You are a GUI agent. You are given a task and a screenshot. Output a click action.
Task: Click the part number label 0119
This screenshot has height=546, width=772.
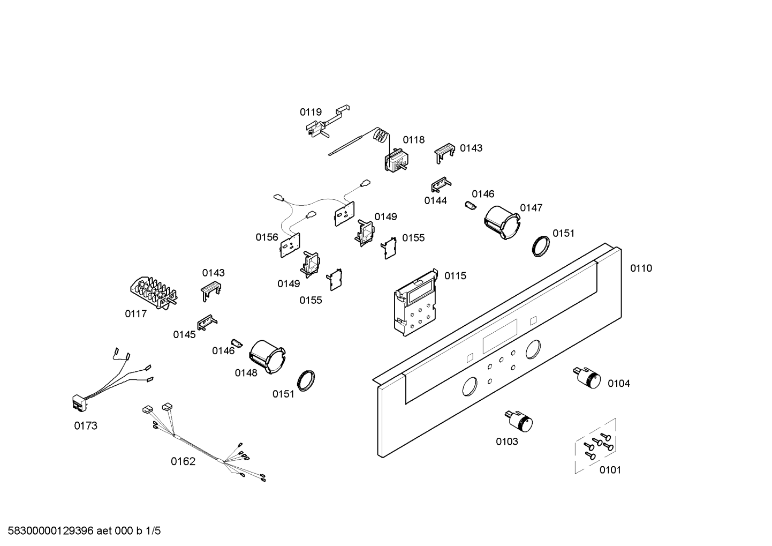pos(311,112)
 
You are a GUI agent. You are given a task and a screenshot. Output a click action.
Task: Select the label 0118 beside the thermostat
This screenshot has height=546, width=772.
pos(414,140)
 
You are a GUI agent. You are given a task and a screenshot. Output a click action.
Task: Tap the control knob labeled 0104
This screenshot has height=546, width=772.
pos(587,378)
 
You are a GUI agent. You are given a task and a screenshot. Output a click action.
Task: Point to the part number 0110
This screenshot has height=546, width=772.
pos(641,268)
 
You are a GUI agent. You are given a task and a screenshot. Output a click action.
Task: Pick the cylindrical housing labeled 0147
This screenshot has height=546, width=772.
pos(501,222)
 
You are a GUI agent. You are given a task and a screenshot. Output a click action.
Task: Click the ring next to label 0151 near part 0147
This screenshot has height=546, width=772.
pos(541,245)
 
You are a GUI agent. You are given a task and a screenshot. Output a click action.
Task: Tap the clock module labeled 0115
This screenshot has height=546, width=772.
pos(416,303)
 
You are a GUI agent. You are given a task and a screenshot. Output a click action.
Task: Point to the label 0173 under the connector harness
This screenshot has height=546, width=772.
pos(86,426)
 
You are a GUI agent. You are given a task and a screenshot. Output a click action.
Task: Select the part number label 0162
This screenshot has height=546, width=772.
pos(183,461)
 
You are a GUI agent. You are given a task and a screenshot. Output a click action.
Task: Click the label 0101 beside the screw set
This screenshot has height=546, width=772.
pos(610,470)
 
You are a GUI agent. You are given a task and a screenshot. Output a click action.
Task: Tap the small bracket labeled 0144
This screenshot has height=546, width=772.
pos(440,184)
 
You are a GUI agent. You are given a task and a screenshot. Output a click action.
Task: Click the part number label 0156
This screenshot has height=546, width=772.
pos(267,237)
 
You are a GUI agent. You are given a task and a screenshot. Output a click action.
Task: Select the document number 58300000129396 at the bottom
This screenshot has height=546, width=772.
pos(48,531)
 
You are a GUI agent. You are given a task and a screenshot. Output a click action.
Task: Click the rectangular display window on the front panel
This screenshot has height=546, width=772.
pos(500,337)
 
